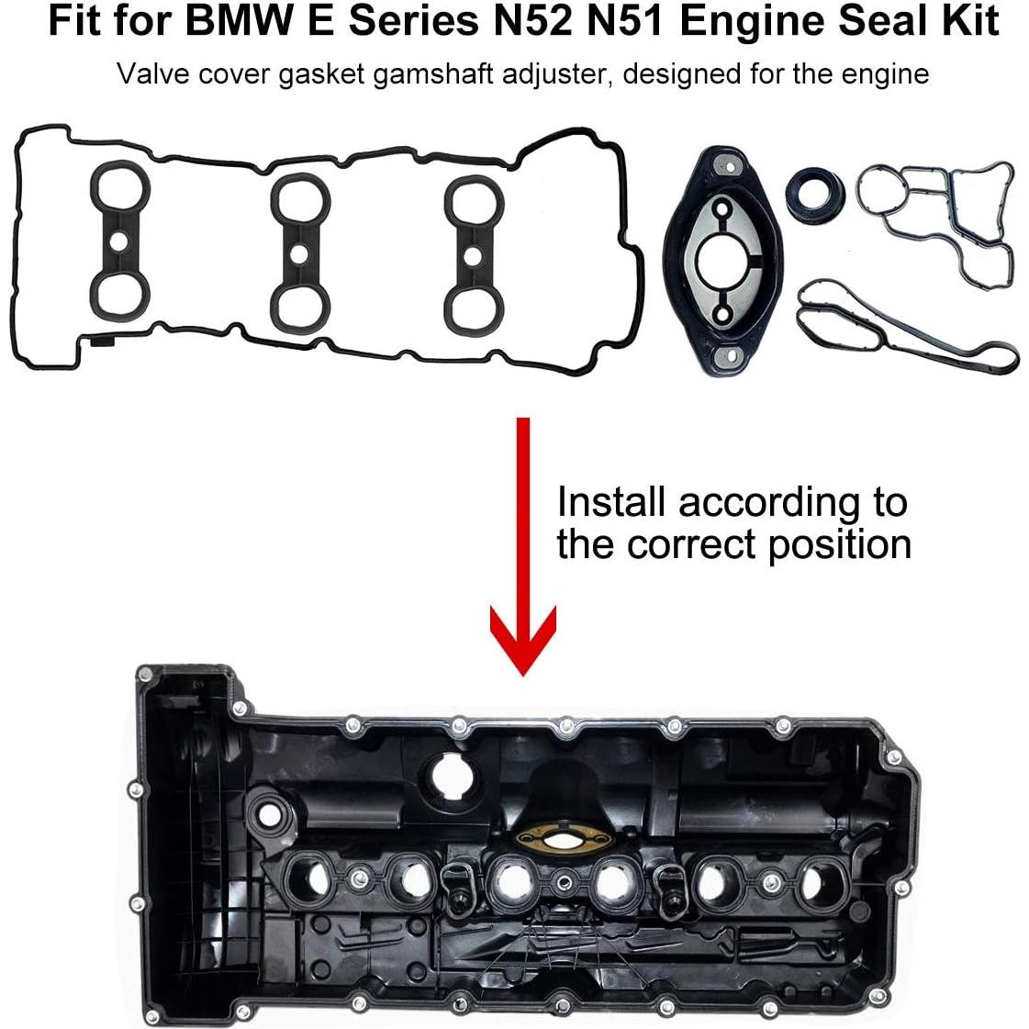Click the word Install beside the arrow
pyautogui.click(x=610, y=503)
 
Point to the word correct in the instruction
pyautogui.click(x=694, y=544)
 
